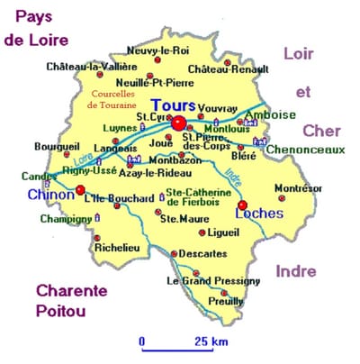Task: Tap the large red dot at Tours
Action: (x=179, y=123)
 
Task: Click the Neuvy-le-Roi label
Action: (x=157, y=50)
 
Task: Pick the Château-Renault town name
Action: (x=228, y=68)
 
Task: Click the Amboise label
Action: (x=274, y=115)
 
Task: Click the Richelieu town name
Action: (x=115, y=249)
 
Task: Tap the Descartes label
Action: (x=203, y=253)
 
